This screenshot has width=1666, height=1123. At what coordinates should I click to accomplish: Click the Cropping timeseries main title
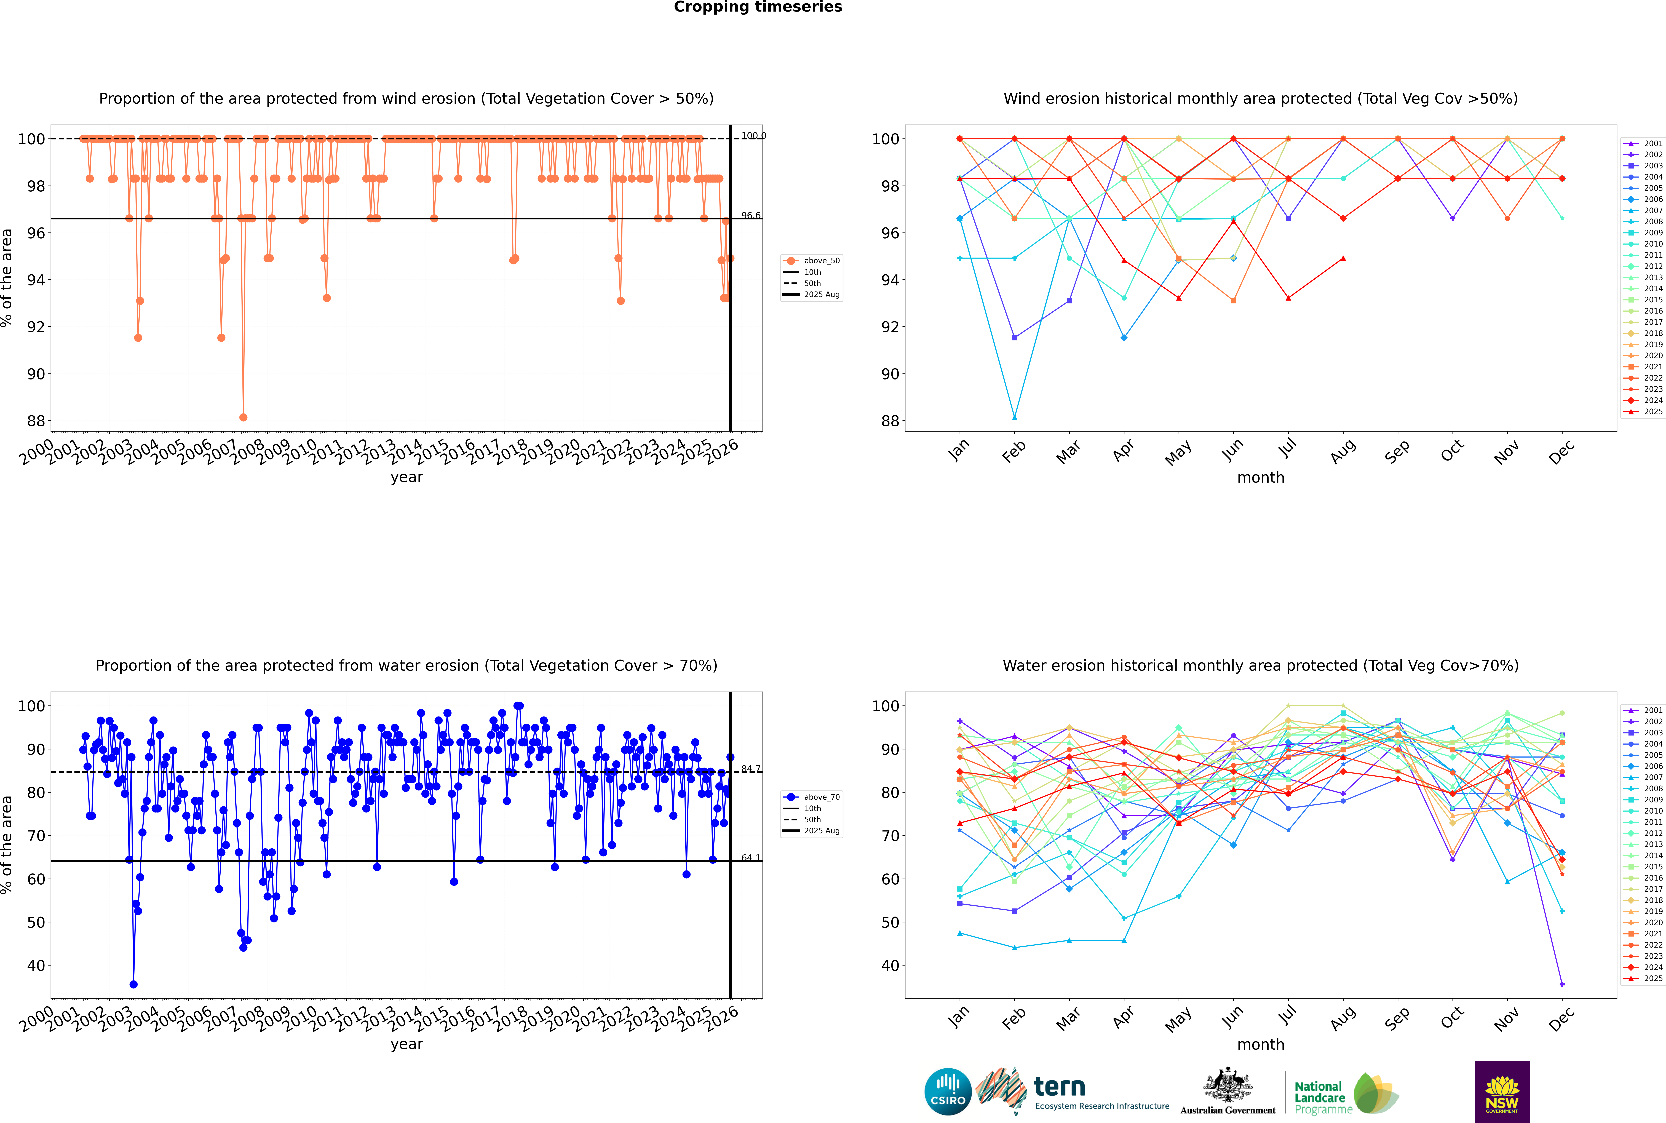point(758,7)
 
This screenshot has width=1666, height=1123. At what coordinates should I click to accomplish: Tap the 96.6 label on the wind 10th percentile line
point(751,216)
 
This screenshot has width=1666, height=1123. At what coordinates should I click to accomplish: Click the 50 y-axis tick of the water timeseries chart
point(36,923)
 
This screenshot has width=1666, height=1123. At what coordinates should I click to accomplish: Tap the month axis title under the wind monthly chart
point(1261,478)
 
